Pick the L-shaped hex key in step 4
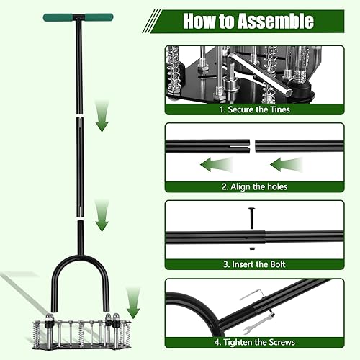tap(248, 296)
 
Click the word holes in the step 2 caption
tap(276, 186)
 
